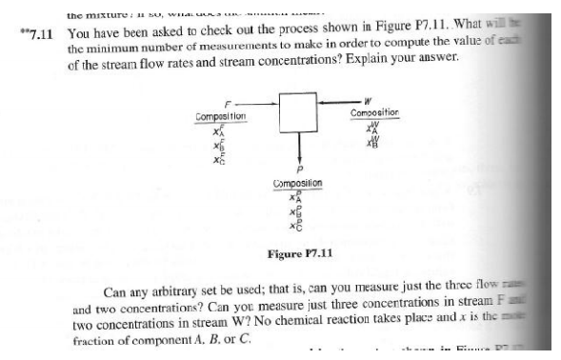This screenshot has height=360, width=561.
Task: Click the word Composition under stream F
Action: [221, 115]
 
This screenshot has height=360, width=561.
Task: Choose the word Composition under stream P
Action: [301, 183]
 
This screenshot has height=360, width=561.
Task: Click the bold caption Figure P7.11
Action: [298, 252]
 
